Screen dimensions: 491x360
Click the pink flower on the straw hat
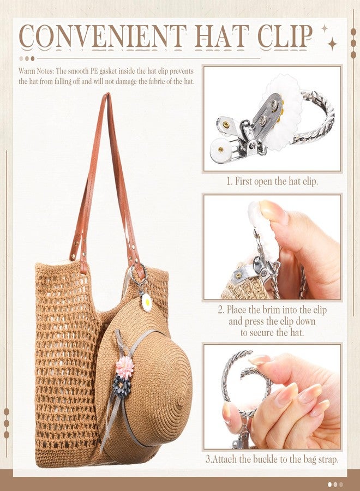point(124,368)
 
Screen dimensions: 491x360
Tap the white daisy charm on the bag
point(147,302)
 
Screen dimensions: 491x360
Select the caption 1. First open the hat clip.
point(272,181)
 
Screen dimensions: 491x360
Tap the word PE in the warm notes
point(99,71)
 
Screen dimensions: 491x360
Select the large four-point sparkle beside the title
point(332,44)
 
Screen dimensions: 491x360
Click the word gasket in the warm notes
point(118,71)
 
